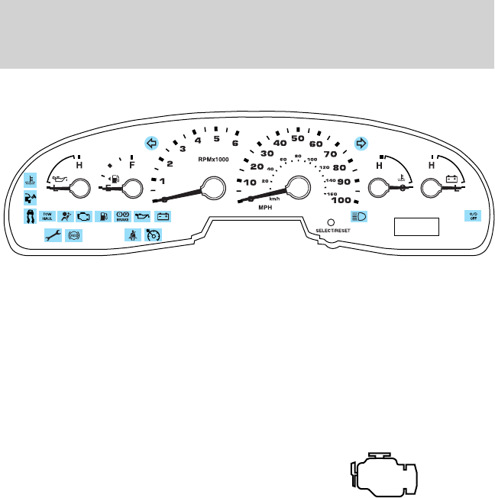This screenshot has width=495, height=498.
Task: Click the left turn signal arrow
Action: click(151, 142)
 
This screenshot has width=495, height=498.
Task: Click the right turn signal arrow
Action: click(361, 142)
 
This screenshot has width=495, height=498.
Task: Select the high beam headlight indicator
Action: click(359, 216)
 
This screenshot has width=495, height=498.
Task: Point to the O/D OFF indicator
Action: click(473, 216)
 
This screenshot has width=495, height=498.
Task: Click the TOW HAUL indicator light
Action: click(47, 216)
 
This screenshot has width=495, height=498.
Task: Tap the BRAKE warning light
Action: click(121, 216)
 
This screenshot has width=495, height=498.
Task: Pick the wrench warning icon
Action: click(52, 235)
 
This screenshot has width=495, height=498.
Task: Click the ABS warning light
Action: click(74, 235)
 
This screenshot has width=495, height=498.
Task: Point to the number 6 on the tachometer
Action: click(235, 143)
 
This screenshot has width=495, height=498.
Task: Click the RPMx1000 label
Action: click(213, 160)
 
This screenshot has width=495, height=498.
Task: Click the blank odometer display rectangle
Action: click(417, 227)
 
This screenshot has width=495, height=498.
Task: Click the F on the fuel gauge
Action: click(133, 163)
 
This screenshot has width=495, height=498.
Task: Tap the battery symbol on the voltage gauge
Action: click(451, 180)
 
